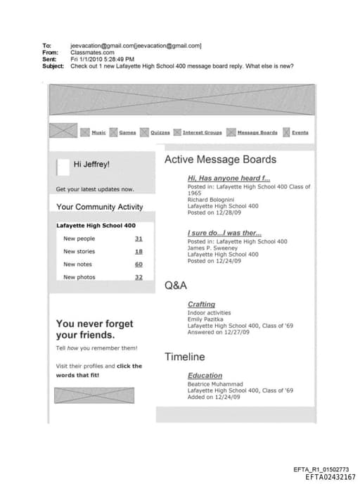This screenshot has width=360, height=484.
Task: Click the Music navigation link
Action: pos(98,132)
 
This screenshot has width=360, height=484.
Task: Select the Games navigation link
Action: pos(127,132)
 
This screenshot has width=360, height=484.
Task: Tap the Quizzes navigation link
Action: pos(160,132)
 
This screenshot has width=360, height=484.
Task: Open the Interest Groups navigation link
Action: pos(202,132)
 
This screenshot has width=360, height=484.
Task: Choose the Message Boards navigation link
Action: pos(257,132)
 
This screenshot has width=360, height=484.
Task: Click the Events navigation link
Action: pos(300,132)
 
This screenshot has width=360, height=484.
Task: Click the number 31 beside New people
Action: pos(139,238)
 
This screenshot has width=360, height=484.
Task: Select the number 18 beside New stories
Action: pos(139,251)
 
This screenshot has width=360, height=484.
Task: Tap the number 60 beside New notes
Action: pos(139,264)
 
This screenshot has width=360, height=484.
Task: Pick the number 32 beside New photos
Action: pos(139,277)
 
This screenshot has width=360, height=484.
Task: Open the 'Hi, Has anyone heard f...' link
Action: pos(219,179)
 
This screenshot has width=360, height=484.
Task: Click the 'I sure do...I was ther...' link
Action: pos(224,233)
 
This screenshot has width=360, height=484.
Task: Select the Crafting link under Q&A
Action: pos(201,304)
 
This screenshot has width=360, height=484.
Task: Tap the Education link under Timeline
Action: pos(205,376)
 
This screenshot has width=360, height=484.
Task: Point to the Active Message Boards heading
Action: pos(220,160)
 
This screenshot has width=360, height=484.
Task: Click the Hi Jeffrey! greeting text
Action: pos(91,165)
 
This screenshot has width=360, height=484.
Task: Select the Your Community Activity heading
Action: pos(99,207)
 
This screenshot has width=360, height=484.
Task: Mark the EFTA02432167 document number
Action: pos(330,476)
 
